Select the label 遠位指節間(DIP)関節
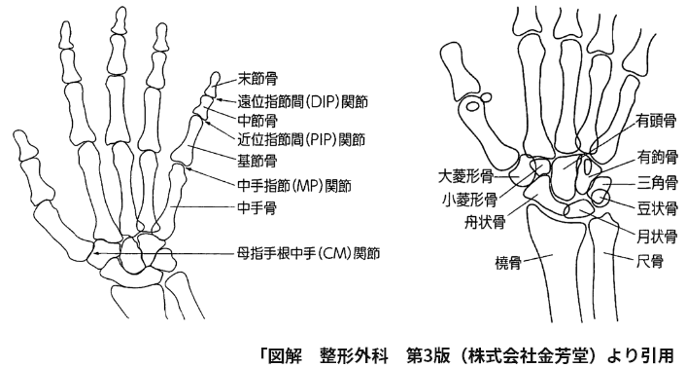pos(308,100)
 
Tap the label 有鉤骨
pos(657,156)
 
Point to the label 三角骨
pos(657,182)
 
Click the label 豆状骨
pos(657,207)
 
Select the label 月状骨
pos(657,235)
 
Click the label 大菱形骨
pos(465,177)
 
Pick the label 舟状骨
pos(483,222)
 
